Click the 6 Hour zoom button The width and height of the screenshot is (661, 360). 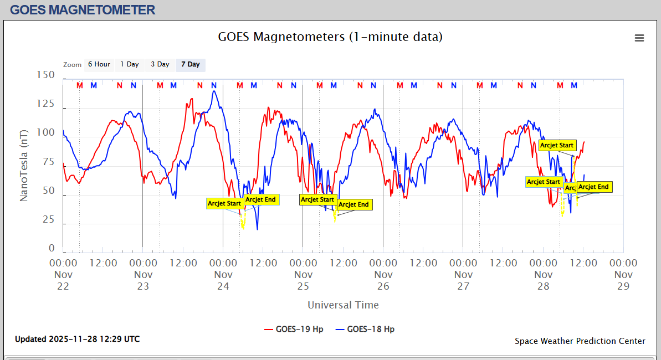coord(99,64)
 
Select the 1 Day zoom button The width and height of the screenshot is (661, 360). coord(130,64)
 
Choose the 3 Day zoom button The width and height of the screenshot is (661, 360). coord(160,64)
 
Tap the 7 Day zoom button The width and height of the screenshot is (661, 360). coord(191,64)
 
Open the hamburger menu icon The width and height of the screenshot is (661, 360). coord(639,38)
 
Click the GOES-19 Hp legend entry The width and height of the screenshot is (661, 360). coord(294,329)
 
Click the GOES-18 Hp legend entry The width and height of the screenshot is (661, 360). coord(365,329)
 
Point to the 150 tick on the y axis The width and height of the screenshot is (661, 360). coord(44,75)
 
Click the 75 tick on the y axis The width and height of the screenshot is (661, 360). coord(48,162)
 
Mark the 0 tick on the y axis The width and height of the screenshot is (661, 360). coord(52,249)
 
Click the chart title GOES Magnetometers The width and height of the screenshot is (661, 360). coord(330,37)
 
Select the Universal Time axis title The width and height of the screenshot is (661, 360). coord(343,305)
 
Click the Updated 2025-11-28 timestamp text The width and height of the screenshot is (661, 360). coord(78,339)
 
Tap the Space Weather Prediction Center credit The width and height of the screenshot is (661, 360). coord(580,341)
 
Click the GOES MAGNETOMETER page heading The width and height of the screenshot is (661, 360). coord(83,9)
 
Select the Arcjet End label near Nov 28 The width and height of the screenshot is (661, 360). coord(595,187)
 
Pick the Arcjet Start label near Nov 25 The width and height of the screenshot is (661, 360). coord(317,199)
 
